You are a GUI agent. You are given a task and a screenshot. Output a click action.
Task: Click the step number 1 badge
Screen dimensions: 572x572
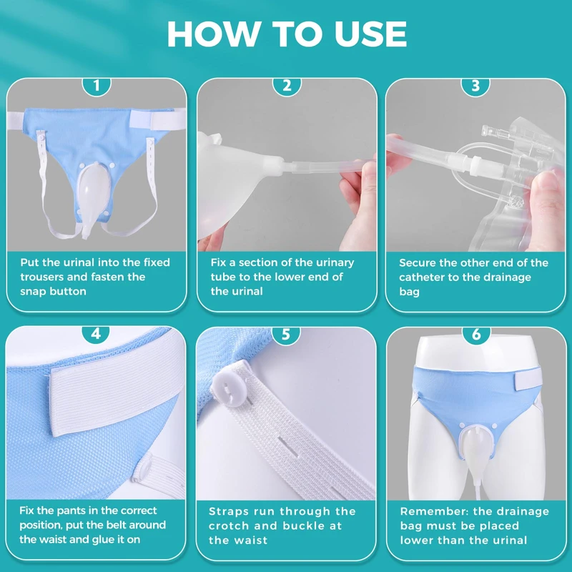click(x=97, y=87)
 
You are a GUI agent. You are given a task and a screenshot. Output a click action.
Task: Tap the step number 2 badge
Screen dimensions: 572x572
click(x=287, y=87)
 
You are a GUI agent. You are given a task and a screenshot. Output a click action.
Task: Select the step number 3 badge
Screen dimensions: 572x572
click(x=475, y=87)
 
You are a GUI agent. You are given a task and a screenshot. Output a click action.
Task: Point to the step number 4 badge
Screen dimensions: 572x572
click(x=96, y=334)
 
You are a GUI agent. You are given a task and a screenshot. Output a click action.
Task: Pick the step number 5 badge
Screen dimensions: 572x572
click(x=286, y=334)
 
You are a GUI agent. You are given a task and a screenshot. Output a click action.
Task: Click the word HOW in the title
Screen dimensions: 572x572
click(x=212, y=34)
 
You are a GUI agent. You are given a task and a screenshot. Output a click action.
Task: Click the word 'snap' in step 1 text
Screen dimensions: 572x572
click(x=34, y=292)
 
